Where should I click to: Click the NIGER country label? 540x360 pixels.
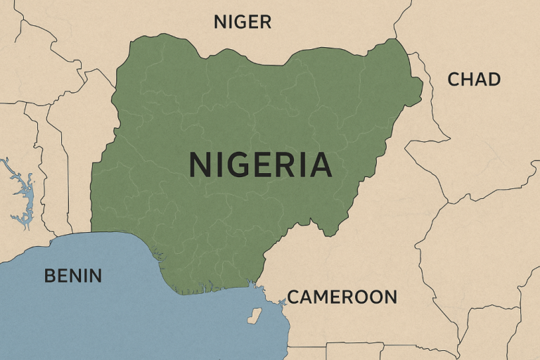tap(242, 22)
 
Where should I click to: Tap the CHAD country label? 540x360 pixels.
tap(474, 79)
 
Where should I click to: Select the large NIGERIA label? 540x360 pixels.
tap(260, 165)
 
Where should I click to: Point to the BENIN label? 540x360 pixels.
tap(72, 276)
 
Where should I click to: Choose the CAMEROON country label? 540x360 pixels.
tap(342, 297)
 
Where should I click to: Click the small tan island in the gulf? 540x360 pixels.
tap(254, 316)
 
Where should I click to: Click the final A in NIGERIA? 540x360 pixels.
tap(319, 165)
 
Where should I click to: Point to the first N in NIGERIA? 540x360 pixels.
tap(200, 165)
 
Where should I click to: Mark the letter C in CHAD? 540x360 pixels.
tap(454, 79)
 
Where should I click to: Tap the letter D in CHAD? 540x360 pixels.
tap(494, 79)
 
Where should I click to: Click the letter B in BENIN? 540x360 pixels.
tap(50, 276)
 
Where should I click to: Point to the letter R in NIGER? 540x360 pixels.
tap(264, 22)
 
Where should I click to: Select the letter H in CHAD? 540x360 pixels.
tap(468, 79)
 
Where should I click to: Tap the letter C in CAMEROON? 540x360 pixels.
tap(293, 297)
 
